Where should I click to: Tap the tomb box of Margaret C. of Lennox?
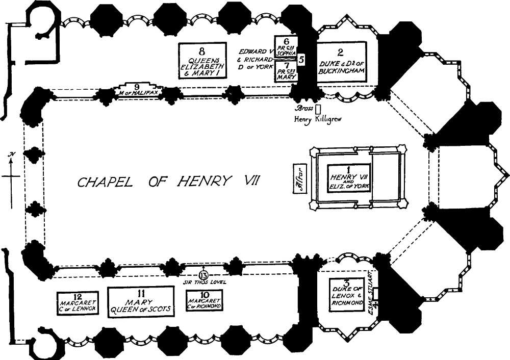[x=77, y=303]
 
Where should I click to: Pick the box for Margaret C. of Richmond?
[x=204, y=301]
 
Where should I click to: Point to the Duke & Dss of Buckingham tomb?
[x=342, y=59]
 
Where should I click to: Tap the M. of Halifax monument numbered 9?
[x=137, y=89]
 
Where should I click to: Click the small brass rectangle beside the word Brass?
[x=318, y=109]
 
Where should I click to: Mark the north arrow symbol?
[x=11, y=176]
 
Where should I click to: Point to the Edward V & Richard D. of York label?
[x=257, y=59]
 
